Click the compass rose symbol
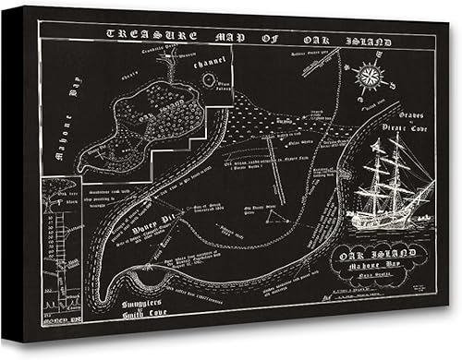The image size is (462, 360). (x=370, y=75)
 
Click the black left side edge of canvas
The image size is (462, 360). (x=17, y=185)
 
